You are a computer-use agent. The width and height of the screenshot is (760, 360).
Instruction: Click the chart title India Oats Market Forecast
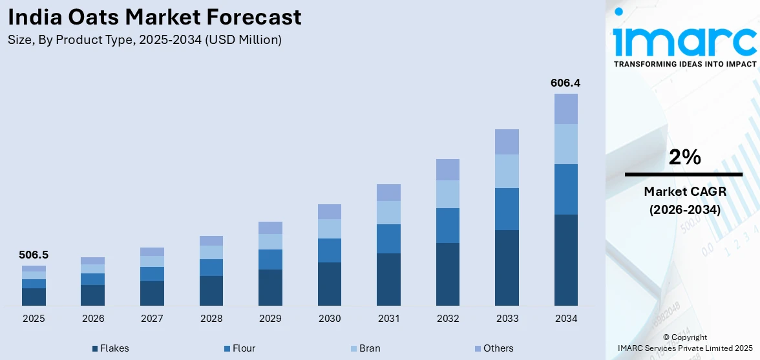point(154,17)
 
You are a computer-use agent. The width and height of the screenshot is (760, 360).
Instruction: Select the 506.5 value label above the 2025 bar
point(34,255)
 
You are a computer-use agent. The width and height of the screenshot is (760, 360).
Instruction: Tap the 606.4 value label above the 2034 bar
point(565,83)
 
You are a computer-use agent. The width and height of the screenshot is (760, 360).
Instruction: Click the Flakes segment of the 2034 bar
point(566,260)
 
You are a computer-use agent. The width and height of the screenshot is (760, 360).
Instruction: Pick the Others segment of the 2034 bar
point(566,109)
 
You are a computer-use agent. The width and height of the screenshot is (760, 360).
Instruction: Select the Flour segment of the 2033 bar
point(507,209)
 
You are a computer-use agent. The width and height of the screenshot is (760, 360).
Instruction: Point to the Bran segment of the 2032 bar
point(447,194)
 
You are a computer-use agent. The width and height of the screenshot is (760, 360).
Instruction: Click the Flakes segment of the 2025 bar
point(34,297)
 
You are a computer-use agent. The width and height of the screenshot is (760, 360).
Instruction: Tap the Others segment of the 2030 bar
point(329,211)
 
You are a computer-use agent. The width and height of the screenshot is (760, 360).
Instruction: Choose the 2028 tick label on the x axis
point(211,319)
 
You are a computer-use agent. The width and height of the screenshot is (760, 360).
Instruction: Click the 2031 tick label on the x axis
point(388,319)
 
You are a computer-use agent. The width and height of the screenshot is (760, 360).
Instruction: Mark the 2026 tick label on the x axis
point(93,319)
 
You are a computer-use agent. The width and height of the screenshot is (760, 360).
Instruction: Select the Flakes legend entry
point(111,348)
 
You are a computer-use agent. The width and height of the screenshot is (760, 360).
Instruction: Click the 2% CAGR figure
point(684,157)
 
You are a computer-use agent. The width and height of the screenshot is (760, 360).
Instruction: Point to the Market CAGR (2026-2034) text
point(684,200)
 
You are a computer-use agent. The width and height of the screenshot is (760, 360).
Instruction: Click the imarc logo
point(684,39)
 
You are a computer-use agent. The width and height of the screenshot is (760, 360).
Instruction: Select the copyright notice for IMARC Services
point(684,343)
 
